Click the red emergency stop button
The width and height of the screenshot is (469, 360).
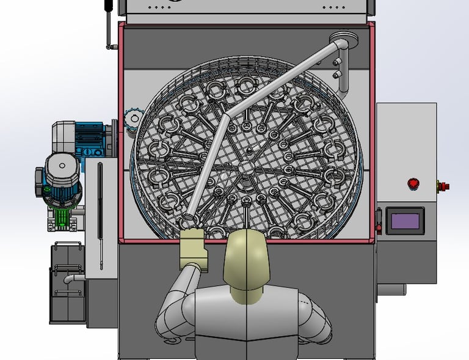pyautogui.click(x=413, y=183)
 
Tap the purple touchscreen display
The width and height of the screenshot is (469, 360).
pyautogui.click(x=405, y=221)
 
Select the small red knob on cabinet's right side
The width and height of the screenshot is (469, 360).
pyautogui.click(x=445, y=186)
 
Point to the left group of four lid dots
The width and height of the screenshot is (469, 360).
pyautogui.click(x=161, y=8)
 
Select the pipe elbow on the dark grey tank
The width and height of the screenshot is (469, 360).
pyautogui.click(x=69, y=279)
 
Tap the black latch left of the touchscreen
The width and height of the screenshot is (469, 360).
pyautogui.click(x=379, y=221)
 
